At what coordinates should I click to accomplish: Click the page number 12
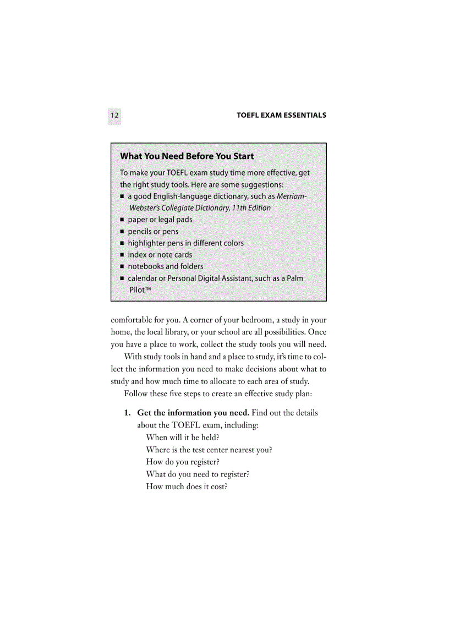click(x=114, y=116)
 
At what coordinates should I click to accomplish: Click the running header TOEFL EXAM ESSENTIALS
click(x=281, y=116)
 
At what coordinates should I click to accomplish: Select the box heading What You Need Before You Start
click(x=187, y=156)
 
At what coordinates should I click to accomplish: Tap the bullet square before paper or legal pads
click(x=122, y=220)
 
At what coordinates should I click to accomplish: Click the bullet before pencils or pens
click(x=122, y=232)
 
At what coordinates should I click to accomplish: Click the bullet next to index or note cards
click(x=122, y=255)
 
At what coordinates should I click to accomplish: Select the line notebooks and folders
click(x=165, y=266)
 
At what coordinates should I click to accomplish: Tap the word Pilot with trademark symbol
click(x=140, y=290)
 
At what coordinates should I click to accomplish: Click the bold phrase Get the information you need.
click(x=193, y=413)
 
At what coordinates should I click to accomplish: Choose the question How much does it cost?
click(x=187, y=486)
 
